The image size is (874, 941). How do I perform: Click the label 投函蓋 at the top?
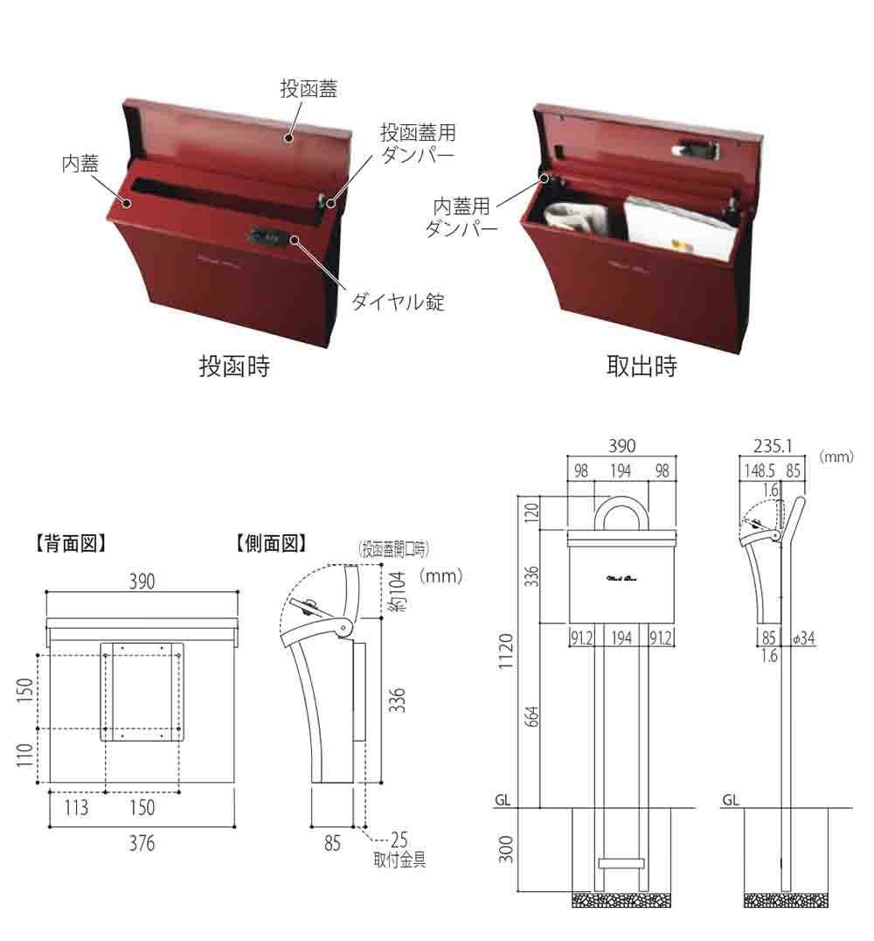309,88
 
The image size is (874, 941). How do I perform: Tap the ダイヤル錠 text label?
398,303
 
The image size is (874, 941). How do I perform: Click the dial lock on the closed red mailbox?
268,235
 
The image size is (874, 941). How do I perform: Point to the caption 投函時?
234,366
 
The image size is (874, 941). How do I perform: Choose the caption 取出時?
642,366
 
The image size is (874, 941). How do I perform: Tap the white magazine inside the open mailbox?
677,227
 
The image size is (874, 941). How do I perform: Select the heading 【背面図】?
70,543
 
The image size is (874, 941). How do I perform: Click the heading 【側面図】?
271,543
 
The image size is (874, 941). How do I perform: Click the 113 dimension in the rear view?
76,807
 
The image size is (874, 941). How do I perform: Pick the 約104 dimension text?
398,591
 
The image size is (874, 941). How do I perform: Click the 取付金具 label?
399,860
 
